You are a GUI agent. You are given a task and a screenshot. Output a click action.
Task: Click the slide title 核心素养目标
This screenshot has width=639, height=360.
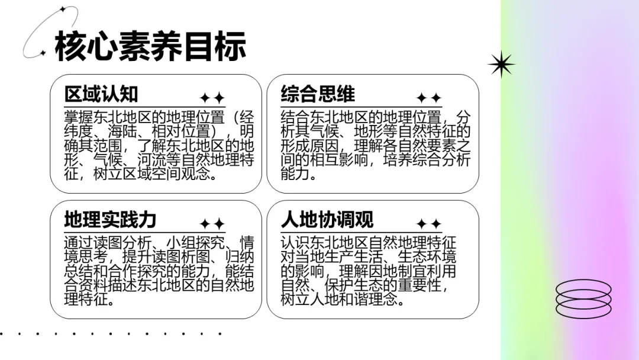150,47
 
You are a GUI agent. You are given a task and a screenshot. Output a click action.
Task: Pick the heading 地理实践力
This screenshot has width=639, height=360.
110,220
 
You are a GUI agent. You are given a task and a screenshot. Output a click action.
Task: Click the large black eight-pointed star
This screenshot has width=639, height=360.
501,64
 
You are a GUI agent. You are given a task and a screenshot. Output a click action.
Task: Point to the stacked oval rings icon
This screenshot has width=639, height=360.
583,298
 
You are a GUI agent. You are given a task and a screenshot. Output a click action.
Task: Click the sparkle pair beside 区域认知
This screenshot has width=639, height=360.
212,98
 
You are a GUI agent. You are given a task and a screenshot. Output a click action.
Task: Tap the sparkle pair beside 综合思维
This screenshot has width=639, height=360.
429,98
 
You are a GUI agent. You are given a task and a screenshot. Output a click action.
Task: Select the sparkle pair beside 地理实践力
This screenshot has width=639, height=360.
212,224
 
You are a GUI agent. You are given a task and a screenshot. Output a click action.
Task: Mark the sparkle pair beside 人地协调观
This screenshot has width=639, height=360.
429,224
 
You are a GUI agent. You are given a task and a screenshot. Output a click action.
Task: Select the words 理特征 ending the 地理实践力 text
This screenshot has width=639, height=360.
89,300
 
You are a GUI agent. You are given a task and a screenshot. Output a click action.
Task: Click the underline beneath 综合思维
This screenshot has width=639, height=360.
361,107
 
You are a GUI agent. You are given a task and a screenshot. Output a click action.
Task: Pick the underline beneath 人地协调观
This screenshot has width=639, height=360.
361,233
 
